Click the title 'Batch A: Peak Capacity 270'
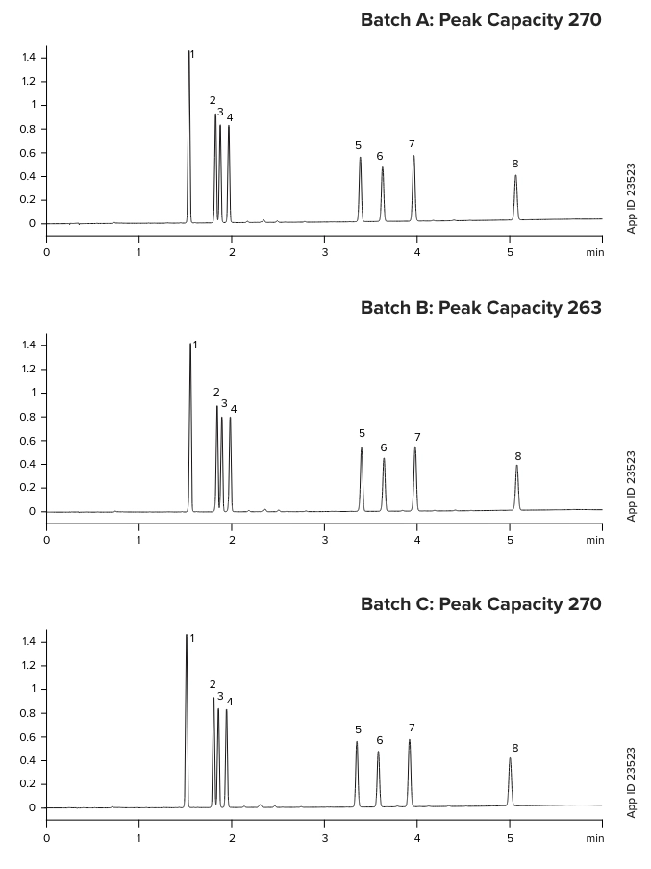[481, 20]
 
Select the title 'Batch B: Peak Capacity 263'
[481, 308]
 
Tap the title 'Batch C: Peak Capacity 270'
[481, 604]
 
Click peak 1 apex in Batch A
[188, 53]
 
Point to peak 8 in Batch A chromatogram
[515, 178]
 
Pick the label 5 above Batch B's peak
[362, 434]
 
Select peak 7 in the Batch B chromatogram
[415, 450]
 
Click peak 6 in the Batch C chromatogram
[378, 754]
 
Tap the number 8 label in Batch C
[515, 749]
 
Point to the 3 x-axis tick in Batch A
[325, 252]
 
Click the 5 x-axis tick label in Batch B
[511, 540]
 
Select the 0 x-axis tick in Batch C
[46, 838]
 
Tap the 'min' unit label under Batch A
[595, 252]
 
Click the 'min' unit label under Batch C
[595, 838]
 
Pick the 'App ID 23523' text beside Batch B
[632, 486]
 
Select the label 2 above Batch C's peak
[213, 685]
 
